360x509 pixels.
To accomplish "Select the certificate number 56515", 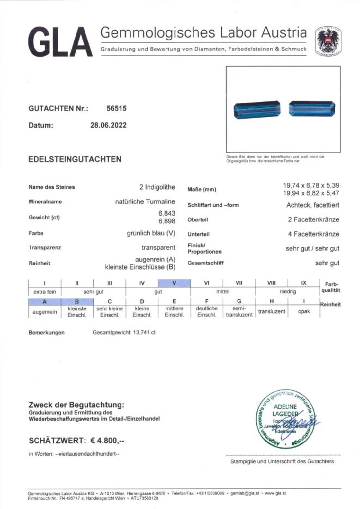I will (x=116, y=108).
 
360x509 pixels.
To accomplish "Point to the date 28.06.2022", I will (x=108, y=125).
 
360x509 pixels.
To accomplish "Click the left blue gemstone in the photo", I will (x=257, y=110).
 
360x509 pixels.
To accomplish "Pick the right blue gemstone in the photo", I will (x=312, y=108).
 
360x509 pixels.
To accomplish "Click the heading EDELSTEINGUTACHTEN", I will (x=75, y=159).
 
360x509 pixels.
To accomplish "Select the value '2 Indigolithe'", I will (x=157, y=187).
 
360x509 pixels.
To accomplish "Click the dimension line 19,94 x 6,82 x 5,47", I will (x=311, y=193).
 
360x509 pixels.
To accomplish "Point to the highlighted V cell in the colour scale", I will (x=174, y=283).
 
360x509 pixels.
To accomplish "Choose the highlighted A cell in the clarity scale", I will (x=45, y=302).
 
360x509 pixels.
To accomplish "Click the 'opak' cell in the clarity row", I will (x=304, y=311).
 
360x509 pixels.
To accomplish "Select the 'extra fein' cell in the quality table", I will (x=45, y=292).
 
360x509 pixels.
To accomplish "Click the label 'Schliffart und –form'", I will (x=213, y=205).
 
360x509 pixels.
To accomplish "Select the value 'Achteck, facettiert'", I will (x=312, y=205).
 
